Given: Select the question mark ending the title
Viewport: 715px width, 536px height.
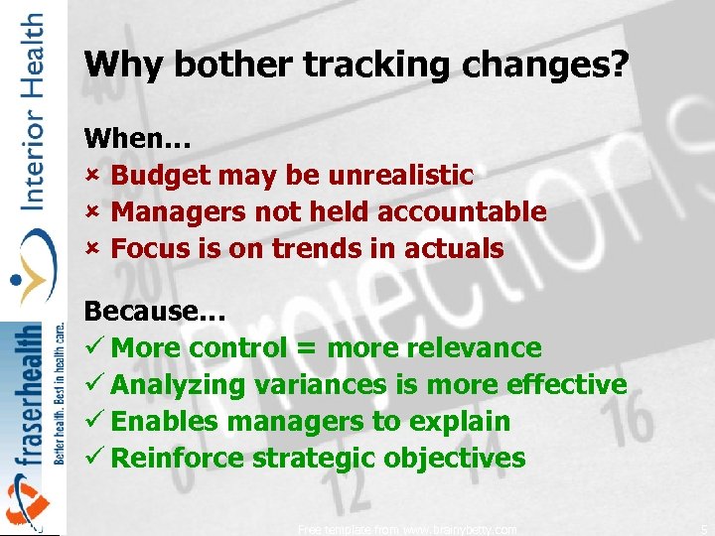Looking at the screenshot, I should pyautogui.click(x=620, y=65).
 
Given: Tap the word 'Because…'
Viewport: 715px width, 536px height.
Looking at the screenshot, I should pyautogui.click(x=155, y=311).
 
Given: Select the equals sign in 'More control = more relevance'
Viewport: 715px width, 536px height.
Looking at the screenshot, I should pyautogui.click(x=307, y=349).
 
